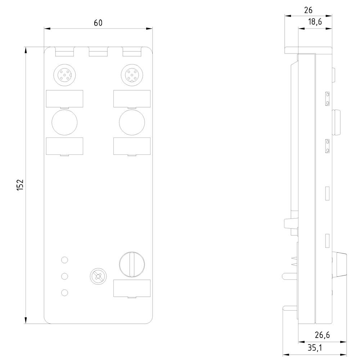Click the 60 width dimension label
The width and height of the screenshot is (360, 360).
coord(98,23)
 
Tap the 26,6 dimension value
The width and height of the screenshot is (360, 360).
coord(322,335)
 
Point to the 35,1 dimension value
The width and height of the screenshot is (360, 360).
coord(315,348)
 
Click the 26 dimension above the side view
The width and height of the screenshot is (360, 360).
coord(308,10)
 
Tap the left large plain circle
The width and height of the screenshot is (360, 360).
coord(64,122)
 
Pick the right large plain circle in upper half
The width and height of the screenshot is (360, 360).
coord(132,122)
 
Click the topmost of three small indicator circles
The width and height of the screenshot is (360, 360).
coord(64,260)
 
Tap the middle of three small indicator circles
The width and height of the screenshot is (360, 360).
coord(64,276)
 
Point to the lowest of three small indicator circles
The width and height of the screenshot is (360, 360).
coord(64,293)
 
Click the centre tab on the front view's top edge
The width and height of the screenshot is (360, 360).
coord(98,53)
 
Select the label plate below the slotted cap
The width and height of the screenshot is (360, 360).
coord(132,289)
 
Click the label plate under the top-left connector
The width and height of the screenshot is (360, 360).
coord(64,99)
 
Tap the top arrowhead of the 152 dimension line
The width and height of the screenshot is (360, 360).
coord(26,50)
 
